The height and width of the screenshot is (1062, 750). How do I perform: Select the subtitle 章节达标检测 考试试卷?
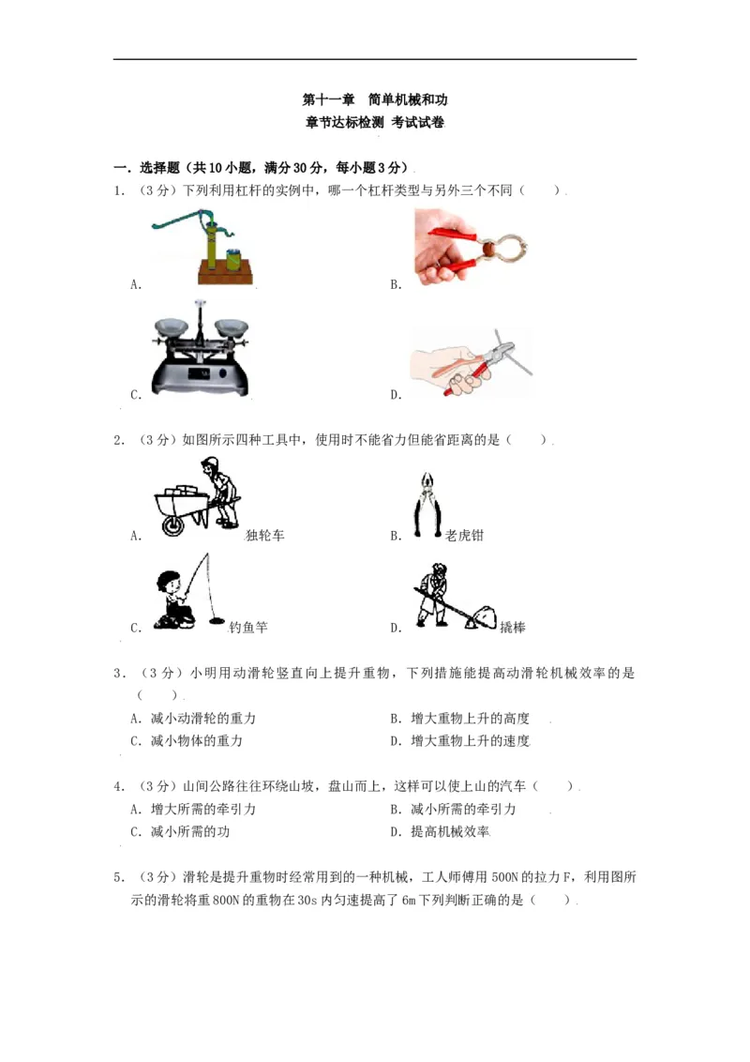click(x=375, y=123)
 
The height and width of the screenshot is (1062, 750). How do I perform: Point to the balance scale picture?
click(x=202, y=351)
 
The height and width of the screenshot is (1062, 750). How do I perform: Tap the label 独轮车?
click(x=264, y=536)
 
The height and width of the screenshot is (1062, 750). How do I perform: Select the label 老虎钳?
click(x=464, y=536)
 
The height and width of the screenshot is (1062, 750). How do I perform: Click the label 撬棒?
click(x=512, y=628)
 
